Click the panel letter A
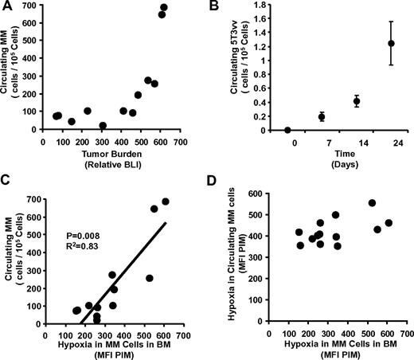coord(7,8)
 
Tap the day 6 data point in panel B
coord(322,116)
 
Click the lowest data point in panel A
coord(103,126)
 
